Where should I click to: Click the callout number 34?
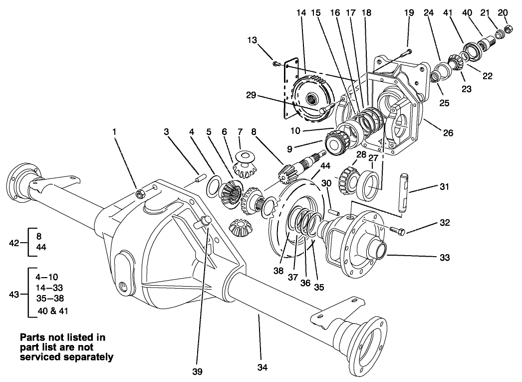262,367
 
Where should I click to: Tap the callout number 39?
199,371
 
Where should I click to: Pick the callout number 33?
445,258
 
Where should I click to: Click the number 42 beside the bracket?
14,243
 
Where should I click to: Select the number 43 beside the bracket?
14,294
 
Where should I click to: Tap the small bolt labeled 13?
275,62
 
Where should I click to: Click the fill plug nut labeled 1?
140,192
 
